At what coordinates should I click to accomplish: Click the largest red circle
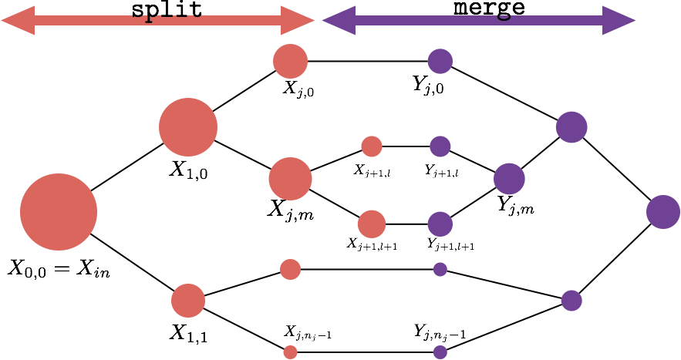click(59, 212)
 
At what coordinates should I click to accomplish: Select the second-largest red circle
click(188, 127)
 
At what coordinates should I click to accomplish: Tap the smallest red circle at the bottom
click(290, 352)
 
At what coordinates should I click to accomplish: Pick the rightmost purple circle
click(663, 212)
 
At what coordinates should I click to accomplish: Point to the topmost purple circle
click(440, 62)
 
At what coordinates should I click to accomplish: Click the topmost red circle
click(290, 62)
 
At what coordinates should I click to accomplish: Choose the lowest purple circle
click(440, 352)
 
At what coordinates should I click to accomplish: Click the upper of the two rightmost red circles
click(372, 146)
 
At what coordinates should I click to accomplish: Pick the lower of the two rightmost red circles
click(372, 224)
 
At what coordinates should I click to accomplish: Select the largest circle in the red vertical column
click(290, 179)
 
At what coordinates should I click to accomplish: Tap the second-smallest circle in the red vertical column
click(290, 269)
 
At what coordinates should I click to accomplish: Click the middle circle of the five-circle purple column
click(440, 224)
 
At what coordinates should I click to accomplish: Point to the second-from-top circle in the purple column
click(440, 146)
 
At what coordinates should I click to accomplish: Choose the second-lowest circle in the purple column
click(440, 269)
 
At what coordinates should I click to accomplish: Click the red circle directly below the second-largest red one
click(188, 301)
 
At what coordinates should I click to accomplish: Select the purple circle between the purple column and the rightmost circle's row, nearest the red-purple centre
click(509, 179)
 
